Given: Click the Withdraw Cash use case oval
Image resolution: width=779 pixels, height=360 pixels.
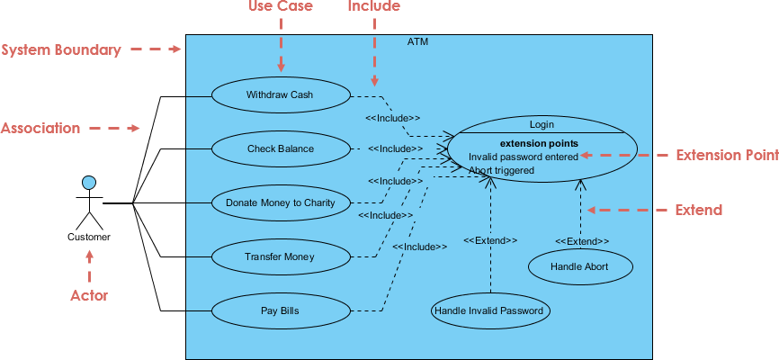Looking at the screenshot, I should pyautogui.click(x=280, y=94).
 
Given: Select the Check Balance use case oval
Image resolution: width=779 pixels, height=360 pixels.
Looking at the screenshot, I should pyautogui.click(x=280, y=148).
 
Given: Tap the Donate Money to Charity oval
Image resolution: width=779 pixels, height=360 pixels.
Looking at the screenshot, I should pyautogui.click(x=280, y=202).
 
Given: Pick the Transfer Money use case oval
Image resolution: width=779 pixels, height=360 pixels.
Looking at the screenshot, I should pyautogui.click(x=280, y=257).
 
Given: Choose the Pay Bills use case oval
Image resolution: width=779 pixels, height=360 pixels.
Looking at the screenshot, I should pyautogui.click(x=280, y=311).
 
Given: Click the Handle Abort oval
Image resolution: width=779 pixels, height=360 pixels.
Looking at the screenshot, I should pyautogui.click(x=579, y=266).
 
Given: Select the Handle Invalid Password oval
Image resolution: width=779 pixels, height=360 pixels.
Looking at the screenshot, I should pyautogui.click(x=490, y=311).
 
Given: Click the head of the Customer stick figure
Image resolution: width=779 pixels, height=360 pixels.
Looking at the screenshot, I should pyautogui.click(x=89, y=184).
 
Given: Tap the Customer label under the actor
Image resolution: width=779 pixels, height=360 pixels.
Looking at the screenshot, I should pyautogui.click(x=89, y=238).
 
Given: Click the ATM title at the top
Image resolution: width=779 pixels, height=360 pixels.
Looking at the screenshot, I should pyautogui.click(x=418, y=41).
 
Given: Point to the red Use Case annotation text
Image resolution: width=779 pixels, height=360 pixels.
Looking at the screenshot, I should pyautogui.click(x=280, y=7).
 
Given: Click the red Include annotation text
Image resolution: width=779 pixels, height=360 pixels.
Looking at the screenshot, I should pyautogui.click(x=374, y=7).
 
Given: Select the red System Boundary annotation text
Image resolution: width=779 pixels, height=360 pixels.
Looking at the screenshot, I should pyautogui.click(x=60, y=50).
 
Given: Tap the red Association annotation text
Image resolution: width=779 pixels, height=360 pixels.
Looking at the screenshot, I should pyautogui.click(x=40, y=129).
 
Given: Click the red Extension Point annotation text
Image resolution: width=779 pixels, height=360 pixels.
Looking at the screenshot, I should pyautogui.click(x=727, y=156).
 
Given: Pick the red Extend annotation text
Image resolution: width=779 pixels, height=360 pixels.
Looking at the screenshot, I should pyautogui.click(x=699, y=211).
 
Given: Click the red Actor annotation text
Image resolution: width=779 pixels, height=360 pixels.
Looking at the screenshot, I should pyautogui.click(x=89, y=295).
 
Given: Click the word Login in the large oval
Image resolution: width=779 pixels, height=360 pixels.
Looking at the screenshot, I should pyautogui.click(x=542, y=124).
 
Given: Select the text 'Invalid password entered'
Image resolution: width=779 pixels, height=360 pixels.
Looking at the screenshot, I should pyautogui.click(x=523, y=157).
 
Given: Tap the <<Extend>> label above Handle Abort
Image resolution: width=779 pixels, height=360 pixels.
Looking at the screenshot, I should pyautogui.click(x=581, y=241).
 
